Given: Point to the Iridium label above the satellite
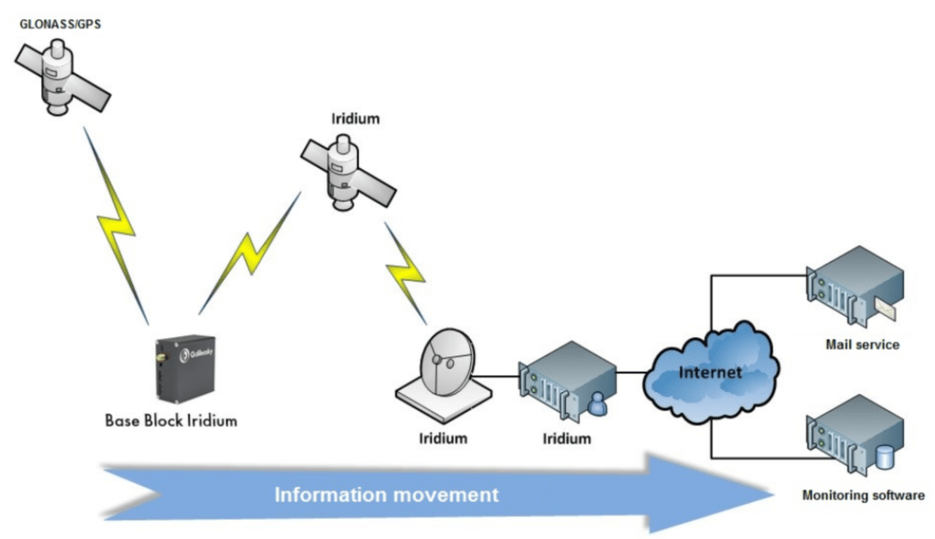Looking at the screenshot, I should pos(355,119).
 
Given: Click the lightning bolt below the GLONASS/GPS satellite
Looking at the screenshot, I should pos(116,224).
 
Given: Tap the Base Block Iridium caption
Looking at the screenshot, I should pos(171,421).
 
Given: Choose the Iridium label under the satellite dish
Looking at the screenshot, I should pos(444,439).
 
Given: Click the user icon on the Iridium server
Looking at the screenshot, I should pos(596,403).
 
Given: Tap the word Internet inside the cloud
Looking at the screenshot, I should pos(709,373).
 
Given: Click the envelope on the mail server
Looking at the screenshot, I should pos(885,310).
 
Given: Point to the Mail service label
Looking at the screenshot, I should pos(862,345).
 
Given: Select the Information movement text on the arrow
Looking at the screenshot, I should pos(387,495).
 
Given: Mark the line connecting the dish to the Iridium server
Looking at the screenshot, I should pos(502,375).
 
